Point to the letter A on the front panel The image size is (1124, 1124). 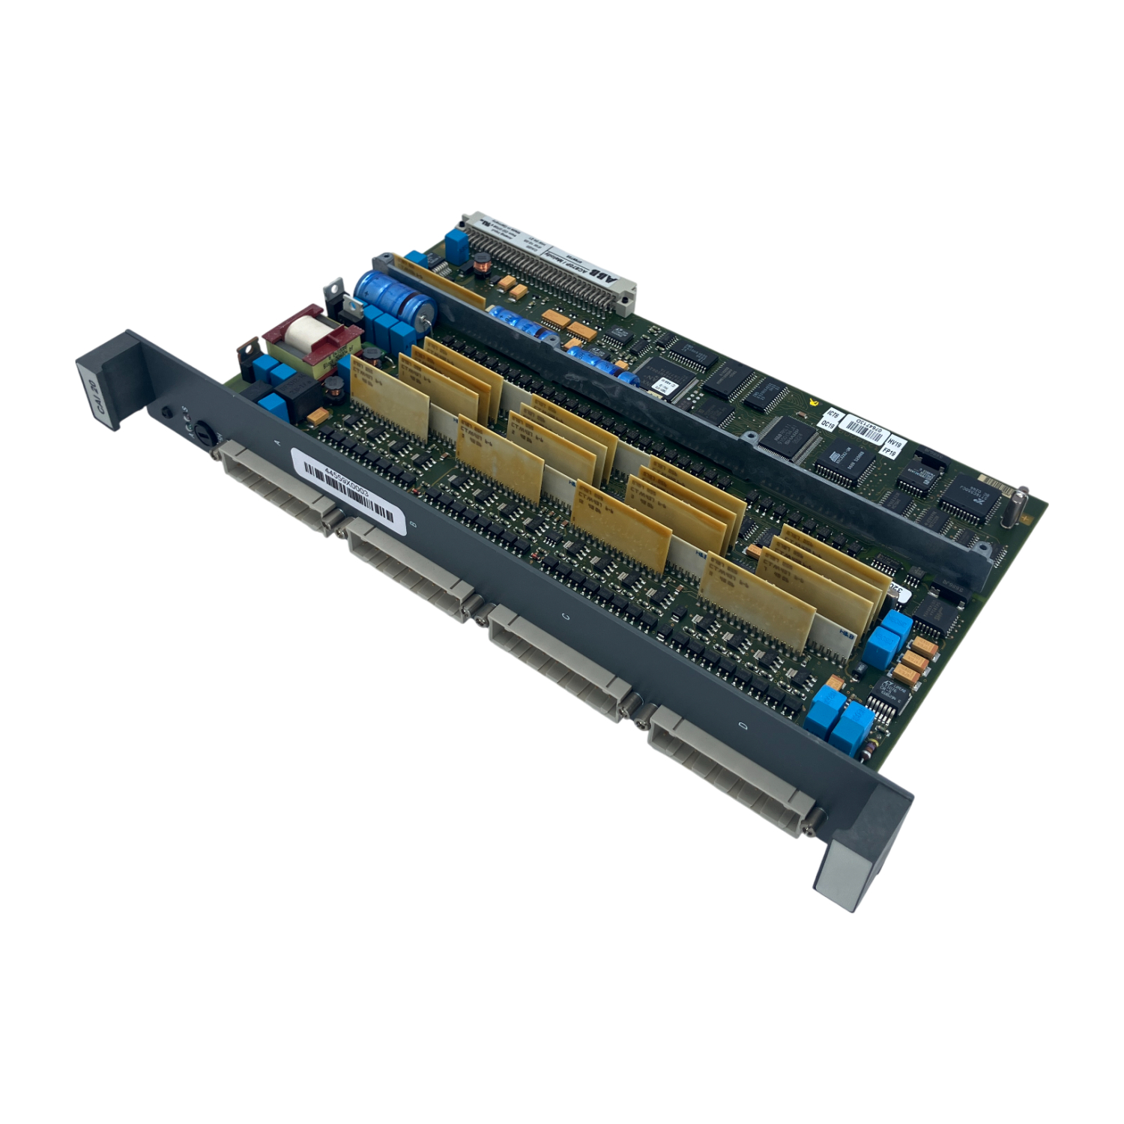click(280, 444)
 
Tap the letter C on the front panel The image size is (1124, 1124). click(565, 617)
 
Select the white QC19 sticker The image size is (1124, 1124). click(828, 424)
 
